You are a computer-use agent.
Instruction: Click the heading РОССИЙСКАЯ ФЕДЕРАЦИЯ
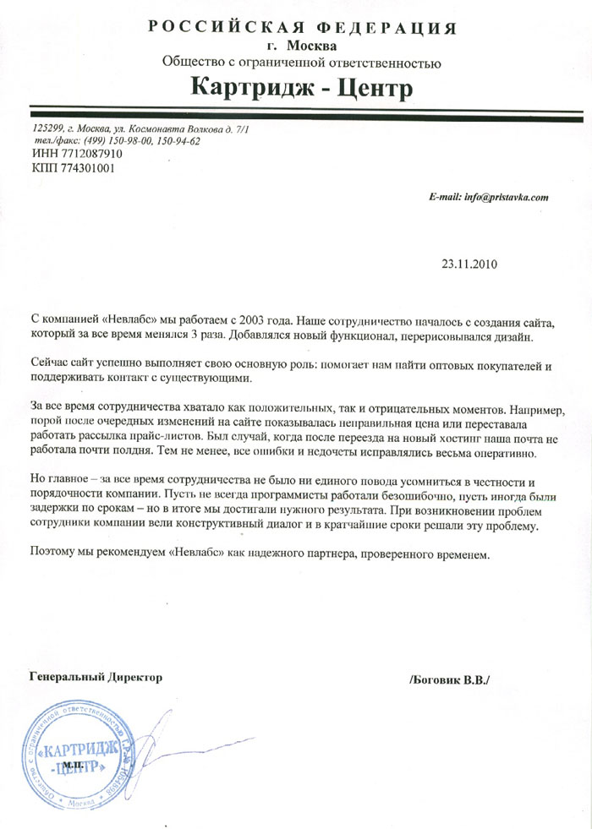point(302,27)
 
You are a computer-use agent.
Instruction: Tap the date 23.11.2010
point(469,263)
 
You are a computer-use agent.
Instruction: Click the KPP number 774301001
point(86,168)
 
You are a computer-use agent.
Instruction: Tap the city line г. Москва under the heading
point(300,46)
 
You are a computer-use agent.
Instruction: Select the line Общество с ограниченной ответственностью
point(301,62)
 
